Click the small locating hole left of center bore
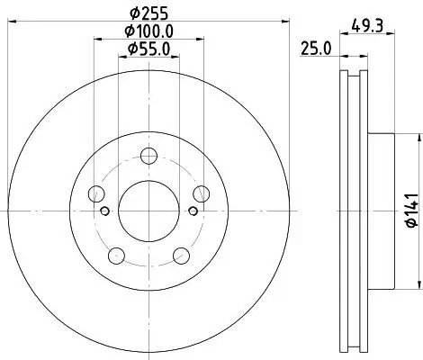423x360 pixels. [105, 211]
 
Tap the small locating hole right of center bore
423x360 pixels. [190, 211]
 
